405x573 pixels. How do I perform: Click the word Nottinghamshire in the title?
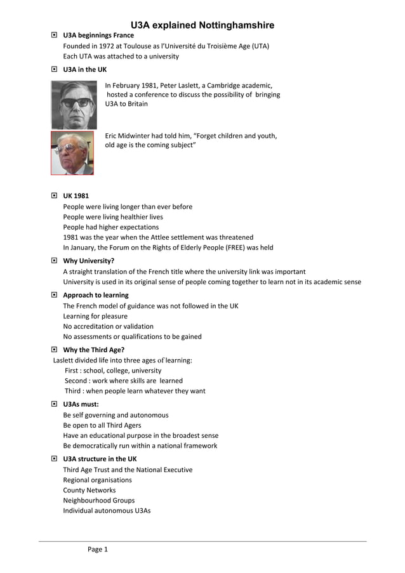tap(236, 25)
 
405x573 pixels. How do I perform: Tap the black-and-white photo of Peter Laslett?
tap(72, 105)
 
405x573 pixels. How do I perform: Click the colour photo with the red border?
tap(72, 153)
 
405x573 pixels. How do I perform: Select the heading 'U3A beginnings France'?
tap(98, 36)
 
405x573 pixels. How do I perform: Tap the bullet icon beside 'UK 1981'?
tap(54, 196)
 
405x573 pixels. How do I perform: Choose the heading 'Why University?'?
tap(88, 261)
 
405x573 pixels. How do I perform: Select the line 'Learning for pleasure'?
tap(95, 316)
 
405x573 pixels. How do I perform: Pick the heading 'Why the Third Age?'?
tap(93, 350)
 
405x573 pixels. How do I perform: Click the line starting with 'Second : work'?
tap(124, 381)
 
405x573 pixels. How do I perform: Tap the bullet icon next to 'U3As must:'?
tap(54, 404)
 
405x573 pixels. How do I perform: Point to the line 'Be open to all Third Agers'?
tap(102, 425)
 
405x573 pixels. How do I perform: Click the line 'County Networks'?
tap(90, 490)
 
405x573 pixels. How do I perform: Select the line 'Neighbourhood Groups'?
tap(99, 500)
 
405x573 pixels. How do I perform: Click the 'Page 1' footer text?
tap(98, 550)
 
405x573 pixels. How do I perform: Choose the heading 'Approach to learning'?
tap(96, 295)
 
